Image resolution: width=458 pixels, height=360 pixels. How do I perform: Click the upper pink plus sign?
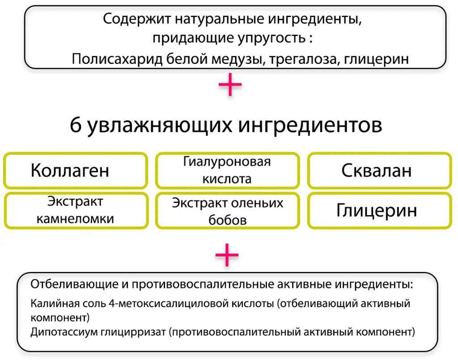tap(230, 85)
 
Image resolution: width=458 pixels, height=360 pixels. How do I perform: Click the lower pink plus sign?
tap(227, 255)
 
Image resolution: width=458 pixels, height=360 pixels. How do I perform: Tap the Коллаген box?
tap(75, 170)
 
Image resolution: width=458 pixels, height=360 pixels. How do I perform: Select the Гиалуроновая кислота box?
tap(227, 170)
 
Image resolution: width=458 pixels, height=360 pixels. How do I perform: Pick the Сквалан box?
tap(379, 170)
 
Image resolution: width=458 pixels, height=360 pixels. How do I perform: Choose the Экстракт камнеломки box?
tap(76, 210)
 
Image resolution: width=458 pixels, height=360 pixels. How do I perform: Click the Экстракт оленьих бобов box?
tap(227, 210)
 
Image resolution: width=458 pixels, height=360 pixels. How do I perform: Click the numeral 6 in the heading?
tap(75, 126)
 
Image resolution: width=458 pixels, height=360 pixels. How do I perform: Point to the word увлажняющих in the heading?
tap(160, 126)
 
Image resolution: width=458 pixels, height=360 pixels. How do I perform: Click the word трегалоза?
tap(304, 59)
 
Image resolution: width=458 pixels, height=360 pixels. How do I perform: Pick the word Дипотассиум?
tap(64, 332)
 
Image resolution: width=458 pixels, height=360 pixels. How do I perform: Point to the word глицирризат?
tap(133, 332)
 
